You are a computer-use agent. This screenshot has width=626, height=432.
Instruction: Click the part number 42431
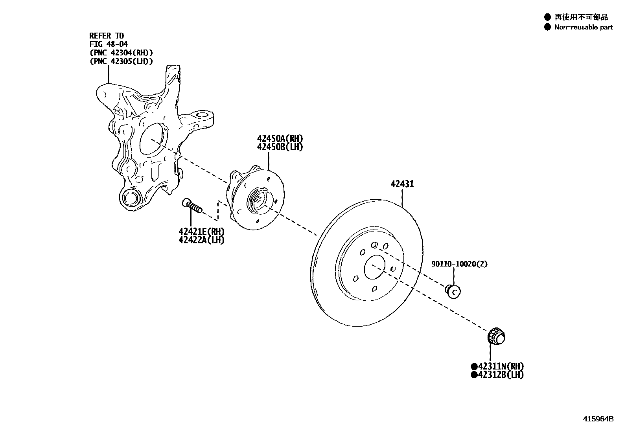click(402, 184)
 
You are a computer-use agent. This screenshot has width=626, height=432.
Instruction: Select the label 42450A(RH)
click(280, 138)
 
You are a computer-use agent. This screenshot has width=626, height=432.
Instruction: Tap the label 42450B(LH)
click(280, 147)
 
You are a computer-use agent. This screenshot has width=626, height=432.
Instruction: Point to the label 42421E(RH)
click(201, 232)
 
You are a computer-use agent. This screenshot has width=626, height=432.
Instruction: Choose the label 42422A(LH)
click(201, 240)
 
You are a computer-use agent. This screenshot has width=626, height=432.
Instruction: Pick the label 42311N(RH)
click(501, 366)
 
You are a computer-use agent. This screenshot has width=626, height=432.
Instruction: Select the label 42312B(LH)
click(501, 375)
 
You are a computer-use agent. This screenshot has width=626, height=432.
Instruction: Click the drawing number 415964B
click(598, 419)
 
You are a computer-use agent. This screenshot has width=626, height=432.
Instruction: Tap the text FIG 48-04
click(109, 44)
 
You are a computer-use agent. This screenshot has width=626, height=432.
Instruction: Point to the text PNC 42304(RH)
click(121, 53)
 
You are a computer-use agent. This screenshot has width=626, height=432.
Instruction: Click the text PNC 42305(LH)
click(121, 61)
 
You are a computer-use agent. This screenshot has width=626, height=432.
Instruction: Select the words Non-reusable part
click(584, 27)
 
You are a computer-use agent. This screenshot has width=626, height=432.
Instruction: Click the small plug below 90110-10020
click(453, 291)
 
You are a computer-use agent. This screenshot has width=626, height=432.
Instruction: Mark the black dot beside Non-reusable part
click(547, 27)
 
